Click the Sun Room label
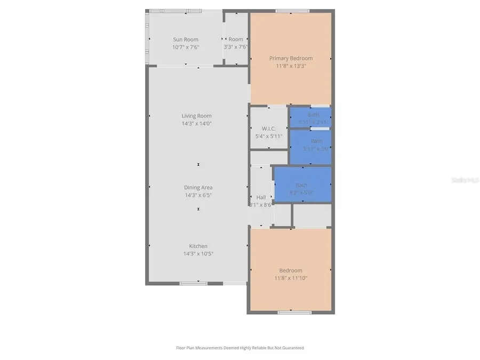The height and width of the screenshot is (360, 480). pyautogui.click(x=186, y=39)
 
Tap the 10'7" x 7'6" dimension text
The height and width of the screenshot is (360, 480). pyautogui.click(x=186, y=47)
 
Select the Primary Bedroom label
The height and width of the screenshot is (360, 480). pyautogui.click(x=291, y=58)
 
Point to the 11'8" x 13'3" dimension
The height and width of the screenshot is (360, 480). pyautogui.click(x=291, y=66)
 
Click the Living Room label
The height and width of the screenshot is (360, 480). pyautogui.click(x=197, y=116)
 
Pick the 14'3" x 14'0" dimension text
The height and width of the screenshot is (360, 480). pyautogui.click(x=197, y=123)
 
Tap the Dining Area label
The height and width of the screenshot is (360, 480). pyautogui.click(x=198, y=187)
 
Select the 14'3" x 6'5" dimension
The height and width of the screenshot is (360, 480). pyautogui.click(x=198, y=195)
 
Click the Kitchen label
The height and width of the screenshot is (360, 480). pyautogui.click(x=198, y=246)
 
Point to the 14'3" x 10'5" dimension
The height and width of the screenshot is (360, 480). pyautogui.click(x=198, y=253)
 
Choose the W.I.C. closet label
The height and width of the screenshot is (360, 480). pyautogui.click(x=268, y=129)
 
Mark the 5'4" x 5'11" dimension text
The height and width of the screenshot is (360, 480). pyautogui.click(x=268, y=136)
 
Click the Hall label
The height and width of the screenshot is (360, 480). pyautogui.click(x=261, y=197)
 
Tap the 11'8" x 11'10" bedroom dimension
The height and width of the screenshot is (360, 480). pyautogui.click(x=291, y=278)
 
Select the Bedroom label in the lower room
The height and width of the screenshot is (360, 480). pyautogui.click(x=291, y=270)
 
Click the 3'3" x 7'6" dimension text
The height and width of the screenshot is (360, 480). pyautogui.click(x=236, y=47)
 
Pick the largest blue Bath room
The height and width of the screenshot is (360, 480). pyautogui.click(x=302, y=185)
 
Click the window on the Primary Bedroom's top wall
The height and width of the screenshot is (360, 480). pyautogui.click(x=292, y=11)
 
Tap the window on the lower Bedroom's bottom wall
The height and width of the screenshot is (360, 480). pyautogui.click(x=295, y=312)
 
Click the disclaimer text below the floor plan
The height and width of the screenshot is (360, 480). pyautogui.click(x=240, y=348)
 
